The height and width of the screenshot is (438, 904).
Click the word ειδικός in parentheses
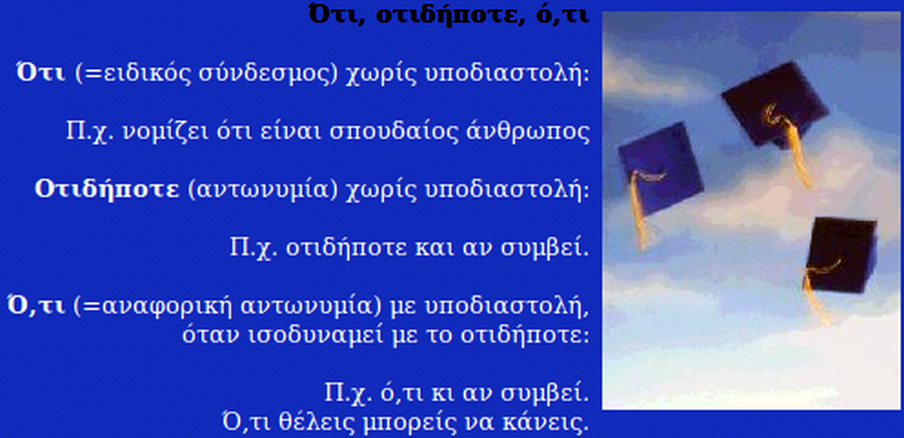click(146, 75)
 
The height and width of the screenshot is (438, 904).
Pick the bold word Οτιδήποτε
click(107, 190)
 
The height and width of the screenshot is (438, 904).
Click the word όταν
click(211, 334)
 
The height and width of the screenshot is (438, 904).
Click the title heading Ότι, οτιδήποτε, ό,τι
click(448, 15)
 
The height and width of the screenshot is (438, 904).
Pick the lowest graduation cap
click(841, 254)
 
